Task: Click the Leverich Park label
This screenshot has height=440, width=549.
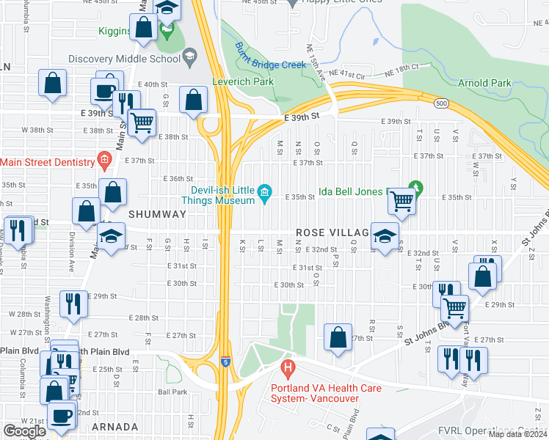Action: click(243, 82)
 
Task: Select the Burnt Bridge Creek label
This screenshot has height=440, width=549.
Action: click(270, 56)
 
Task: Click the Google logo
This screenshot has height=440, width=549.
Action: click(24, 431)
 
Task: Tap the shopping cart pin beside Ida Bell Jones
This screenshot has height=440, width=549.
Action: click(401, 200)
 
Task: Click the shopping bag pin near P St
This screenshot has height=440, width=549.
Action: click(338, 338)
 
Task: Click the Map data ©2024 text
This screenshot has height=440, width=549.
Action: click(517, 434)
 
